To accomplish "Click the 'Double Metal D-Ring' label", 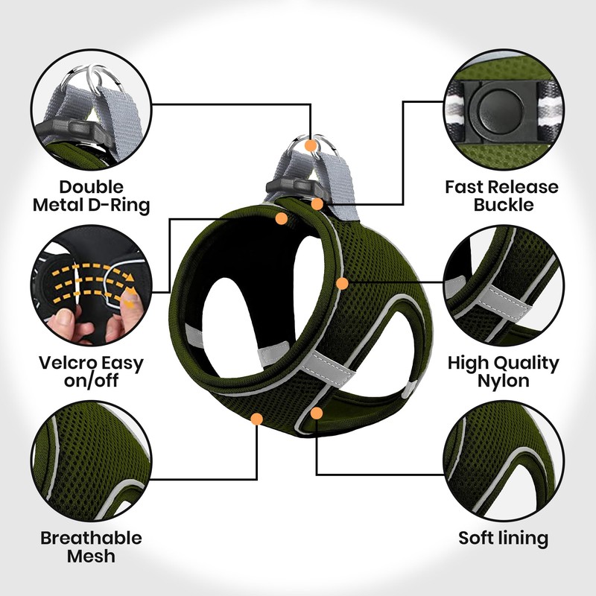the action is click(x=92, y=195).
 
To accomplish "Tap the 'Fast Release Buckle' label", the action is click(x=501, y=195).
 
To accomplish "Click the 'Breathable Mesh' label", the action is click(x=91, y=547).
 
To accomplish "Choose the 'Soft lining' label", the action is click(x=503, y=538).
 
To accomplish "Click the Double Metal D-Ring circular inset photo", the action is click(x=92, y=112).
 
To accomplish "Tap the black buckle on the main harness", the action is click(x=297, y=186).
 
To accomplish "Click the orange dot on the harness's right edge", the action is click(x=342, y=283).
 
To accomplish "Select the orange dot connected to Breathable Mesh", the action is click(x=257, y=419).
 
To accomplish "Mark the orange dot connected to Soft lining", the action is click(x=317, y=412).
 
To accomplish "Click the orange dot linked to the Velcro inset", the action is click(x=282, y=218).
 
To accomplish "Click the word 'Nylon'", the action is click(x=503, y=381).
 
